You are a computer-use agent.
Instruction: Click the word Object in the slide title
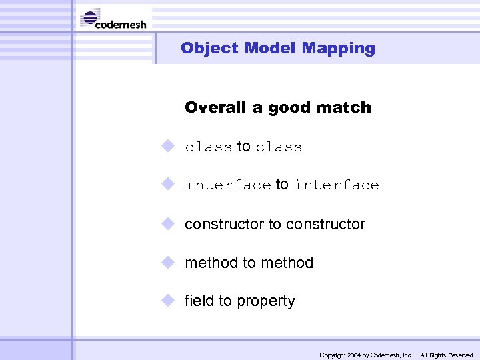[x=209, y=48]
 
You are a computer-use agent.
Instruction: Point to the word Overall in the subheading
[x=216, y=107]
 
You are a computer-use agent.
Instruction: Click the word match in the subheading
[x=346, y=107]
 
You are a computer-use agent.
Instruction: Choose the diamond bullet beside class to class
[x=167, y=145]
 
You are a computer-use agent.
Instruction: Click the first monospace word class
[x=208, y=147]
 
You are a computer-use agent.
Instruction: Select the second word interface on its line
[x=336, y=185]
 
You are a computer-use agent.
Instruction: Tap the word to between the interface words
[x=282, y=185]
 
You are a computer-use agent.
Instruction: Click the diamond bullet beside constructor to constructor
[x=167, y=223]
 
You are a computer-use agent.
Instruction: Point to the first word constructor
[x=224, y=225]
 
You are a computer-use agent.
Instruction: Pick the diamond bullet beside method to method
[x=167, y=261]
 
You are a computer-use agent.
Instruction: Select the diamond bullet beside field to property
[x=167, y=300]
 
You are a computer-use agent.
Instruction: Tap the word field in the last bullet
[x=199, y=301]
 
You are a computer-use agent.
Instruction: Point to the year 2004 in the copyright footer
[x=353, y=355]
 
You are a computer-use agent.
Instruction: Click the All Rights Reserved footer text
[x=446, y=355]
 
